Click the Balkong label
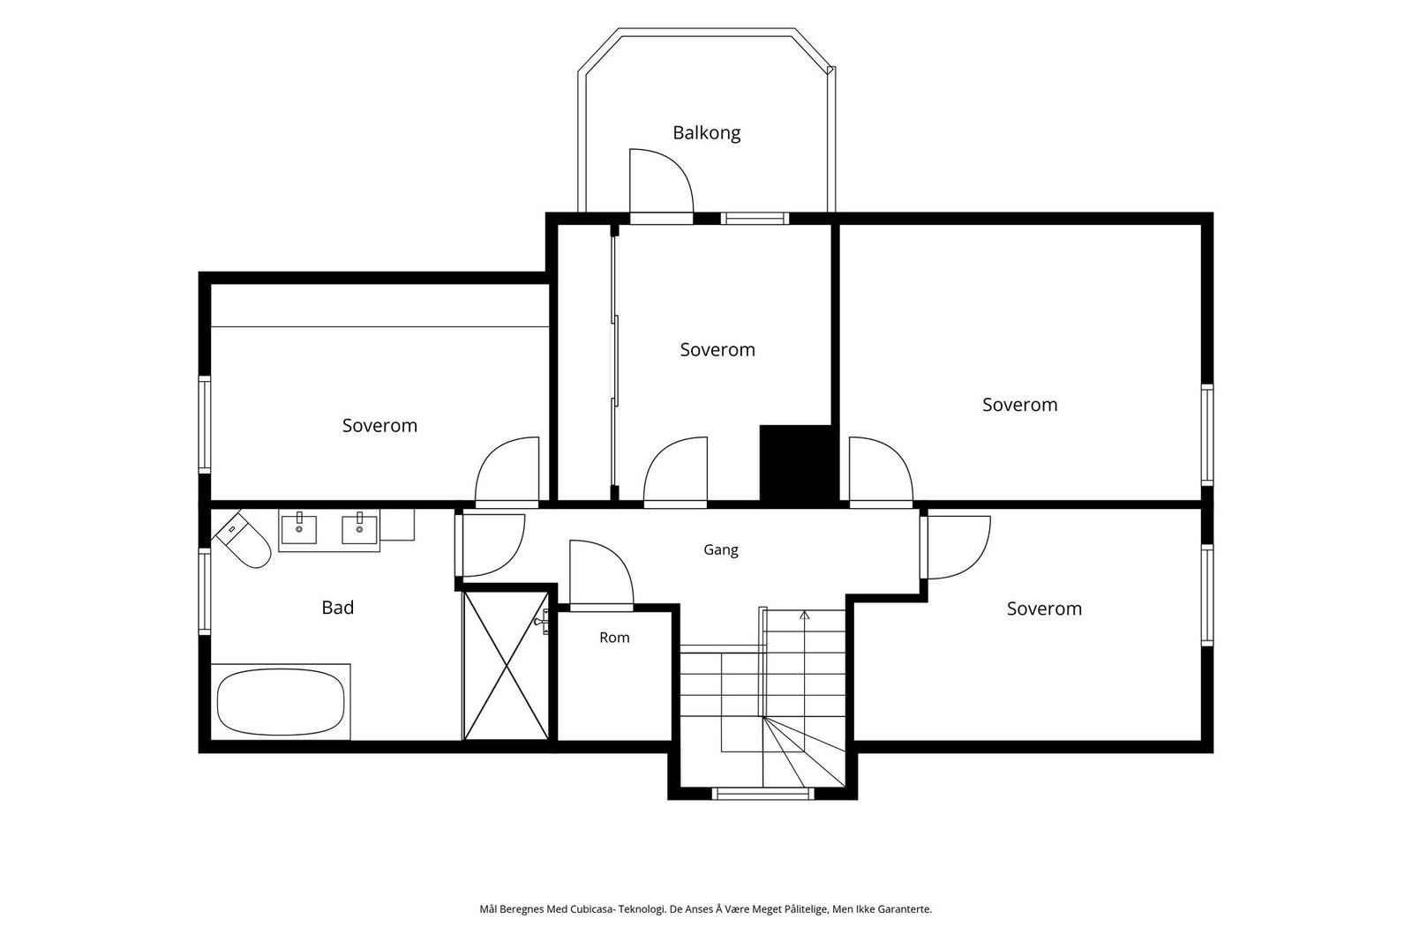tap(706, 133)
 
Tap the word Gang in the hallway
tap(720, 549)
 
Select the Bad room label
tap(338, 608)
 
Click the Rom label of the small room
tap(614, 638)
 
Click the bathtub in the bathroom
tap(281, 702)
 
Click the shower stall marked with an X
tap(507, 666)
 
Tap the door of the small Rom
tap(601, 574)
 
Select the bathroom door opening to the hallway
tap(491, 545)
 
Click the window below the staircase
tap(762, 794)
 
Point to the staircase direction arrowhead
tap(804, 615)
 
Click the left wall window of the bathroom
tap(204, 591)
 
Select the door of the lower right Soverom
tap(956, 547)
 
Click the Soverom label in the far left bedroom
tap(379, 426)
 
